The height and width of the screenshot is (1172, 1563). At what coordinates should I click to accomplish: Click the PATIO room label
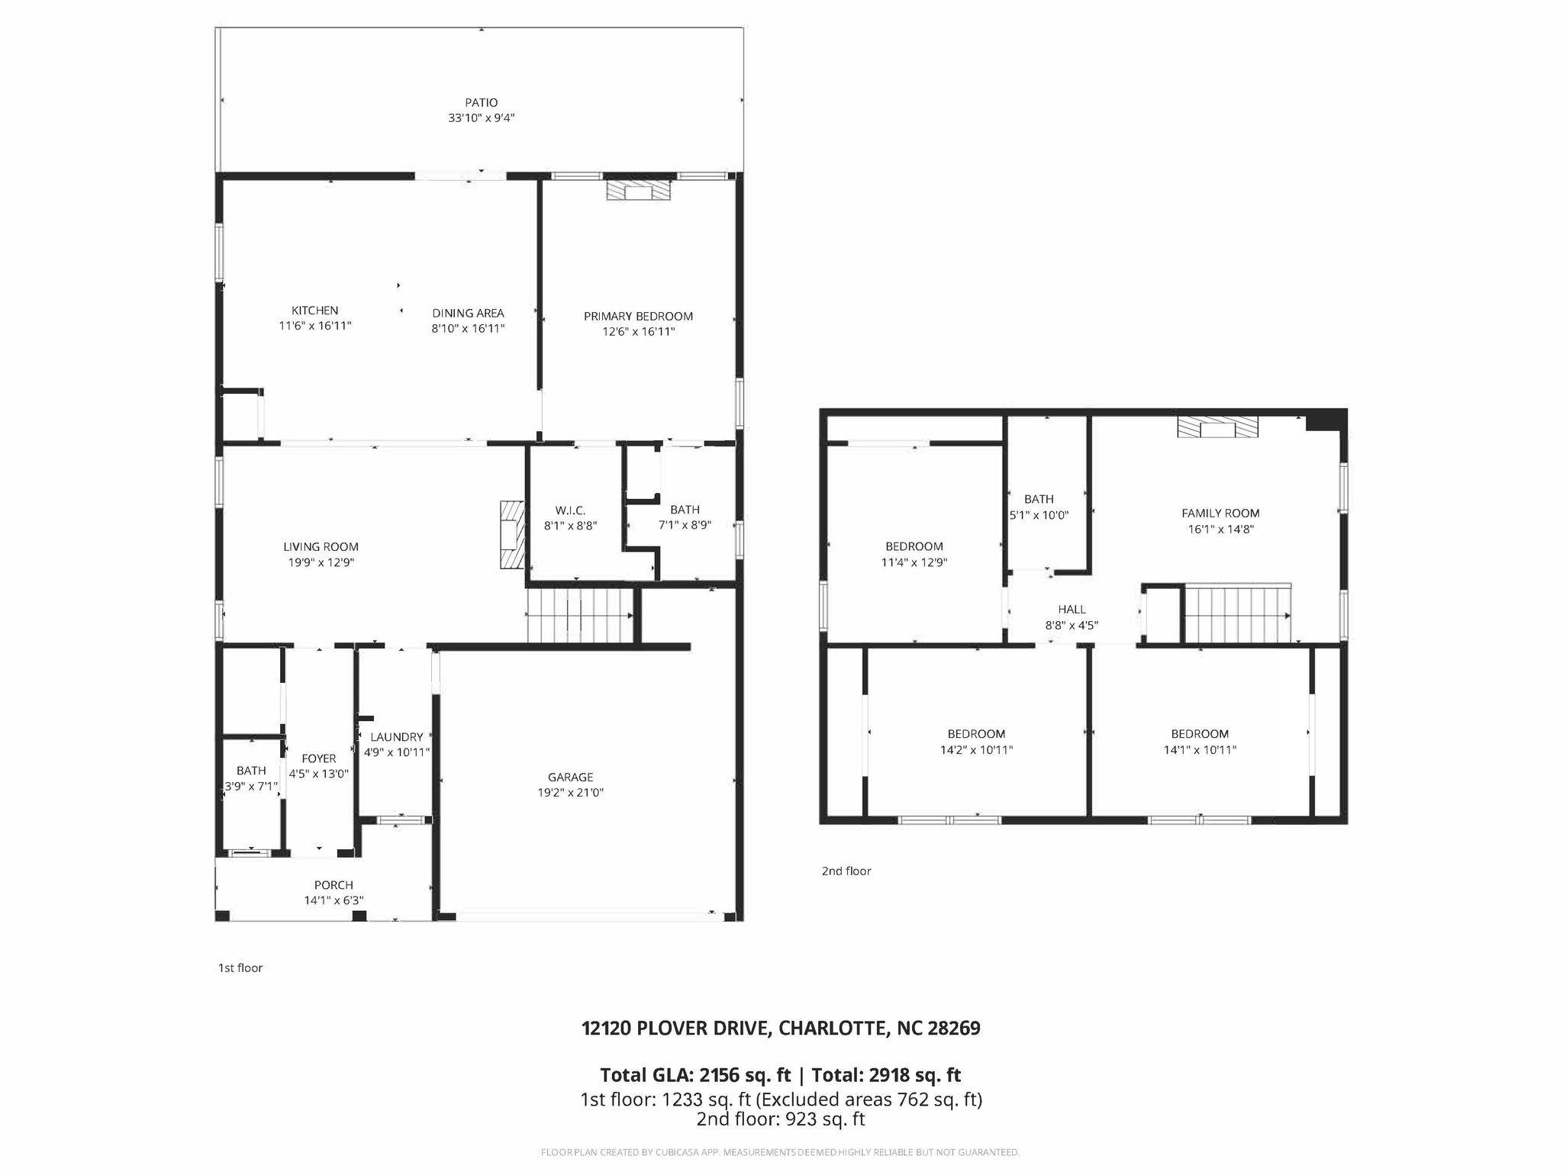[x=482, y=102]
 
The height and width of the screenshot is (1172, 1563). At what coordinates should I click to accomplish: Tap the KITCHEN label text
[x=314, y=311]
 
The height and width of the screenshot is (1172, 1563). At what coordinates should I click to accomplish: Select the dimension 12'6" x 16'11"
[x=638, y=332]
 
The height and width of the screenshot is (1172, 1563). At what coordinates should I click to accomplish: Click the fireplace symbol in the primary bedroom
[x=638, y=190]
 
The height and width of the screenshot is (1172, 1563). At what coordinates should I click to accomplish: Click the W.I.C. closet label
[x=570, y=510]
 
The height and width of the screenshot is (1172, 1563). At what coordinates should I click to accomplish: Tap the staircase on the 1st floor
[x=580, y=616]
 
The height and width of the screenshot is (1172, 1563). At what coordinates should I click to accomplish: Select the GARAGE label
[x=570, y=778]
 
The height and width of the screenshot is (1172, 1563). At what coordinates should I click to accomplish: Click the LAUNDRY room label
[x=396, y=737]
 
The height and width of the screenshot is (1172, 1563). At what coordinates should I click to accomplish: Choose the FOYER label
[x=318, y=758]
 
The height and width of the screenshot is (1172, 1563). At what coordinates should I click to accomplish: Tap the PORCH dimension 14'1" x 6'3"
[x=334, y=900]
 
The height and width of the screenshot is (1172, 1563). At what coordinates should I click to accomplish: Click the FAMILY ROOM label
[x=1220, y=514]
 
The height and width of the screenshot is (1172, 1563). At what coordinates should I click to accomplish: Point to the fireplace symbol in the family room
[x=1217, y=427]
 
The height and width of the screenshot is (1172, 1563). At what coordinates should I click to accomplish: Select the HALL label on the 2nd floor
[x=1072, y=610]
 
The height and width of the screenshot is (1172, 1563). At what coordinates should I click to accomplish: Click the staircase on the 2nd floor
[x=1237, y=614]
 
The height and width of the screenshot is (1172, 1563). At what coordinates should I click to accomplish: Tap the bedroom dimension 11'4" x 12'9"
[x=914, y=562]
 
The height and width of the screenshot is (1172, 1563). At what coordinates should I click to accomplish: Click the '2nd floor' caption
[x=846, y=871]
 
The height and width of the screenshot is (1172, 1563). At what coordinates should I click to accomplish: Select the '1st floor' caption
[x=240, y=968]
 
